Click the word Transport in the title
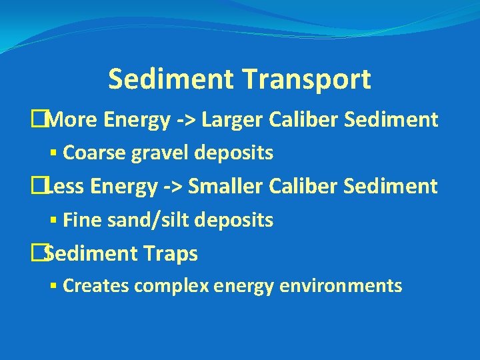[x=309, y=79]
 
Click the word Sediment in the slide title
[x=172, y=79]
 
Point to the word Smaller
[x=227, y=186]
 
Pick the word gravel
[x=156, y=153]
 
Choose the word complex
[x=172, y=287]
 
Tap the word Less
[x=67, y=186]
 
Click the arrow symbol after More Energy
[x=186, y=121]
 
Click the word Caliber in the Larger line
[x=303, y=120]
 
